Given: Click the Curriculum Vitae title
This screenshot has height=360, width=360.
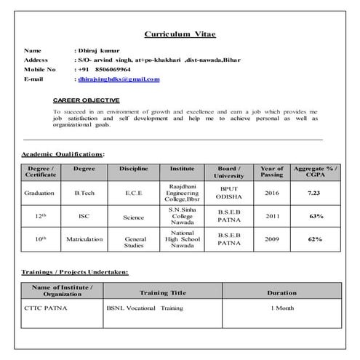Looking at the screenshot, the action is (x=179, y=34).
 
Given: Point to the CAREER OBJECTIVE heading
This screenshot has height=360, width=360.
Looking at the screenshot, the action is (x=87, y=100).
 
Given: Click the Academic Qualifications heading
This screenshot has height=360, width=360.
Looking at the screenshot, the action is (x=63, y=154).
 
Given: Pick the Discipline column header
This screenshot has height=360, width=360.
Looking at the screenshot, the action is (x=134, y=169).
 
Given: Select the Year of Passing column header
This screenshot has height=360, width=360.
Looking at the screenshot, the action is (x=271, y=172).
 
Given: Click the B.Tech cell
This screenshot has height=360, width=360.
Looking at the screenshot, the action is (x=84, y=193).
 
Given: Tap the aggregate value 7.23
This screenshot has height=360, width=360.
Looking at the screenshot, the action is (x=314, y=193).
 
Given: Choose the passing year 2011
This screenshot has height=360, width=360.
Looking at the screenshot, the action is (x=271, y=216).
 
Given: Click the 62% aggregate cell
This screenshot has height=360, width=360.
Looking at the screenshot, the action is (x=315, y=239).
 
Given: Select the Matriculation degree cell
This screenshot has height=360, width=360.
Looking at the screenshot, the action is (x=84, y=239).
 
